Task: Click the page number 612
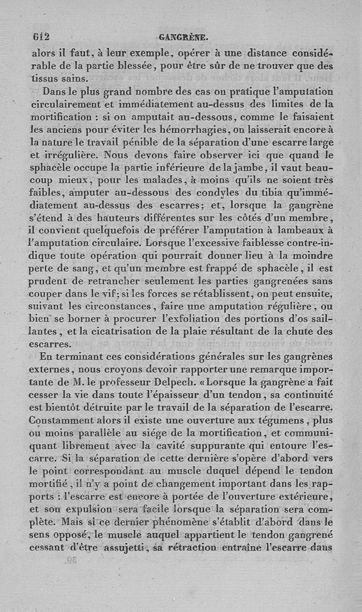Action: coord(41,37)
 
